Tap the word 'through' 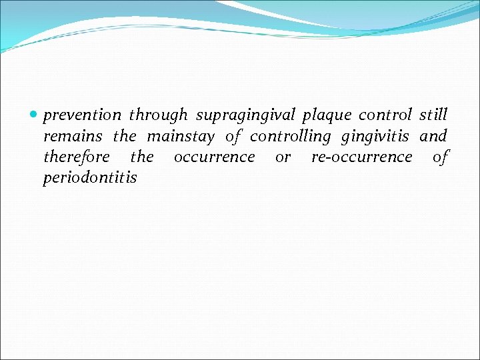(x=159, y=116)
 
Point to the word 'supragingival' (x=246, y=116)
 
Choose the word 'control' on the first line (x=385, y=115)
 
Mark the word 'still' (x=433, y=115)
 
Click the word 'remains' (x=73, y=137)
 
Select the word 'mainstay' (x=181, y=137)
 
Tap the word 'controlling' (x=290, y=137)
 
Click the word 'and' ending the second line (x=433, y=137)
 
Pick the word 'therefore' (x=77, y=157)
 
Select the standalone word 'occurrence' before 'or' (x=214, y=157)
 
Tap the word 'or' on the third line (x=283, y=158)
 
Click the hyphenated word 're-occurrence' (x=362, y=157)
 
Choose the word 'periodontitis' (x=90, y=178)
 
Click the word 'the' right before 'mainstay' (x=125, y=137)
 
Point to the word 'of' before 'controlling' (x=233, y=137)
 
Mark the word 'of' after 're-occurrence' (x=441, y=157)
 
